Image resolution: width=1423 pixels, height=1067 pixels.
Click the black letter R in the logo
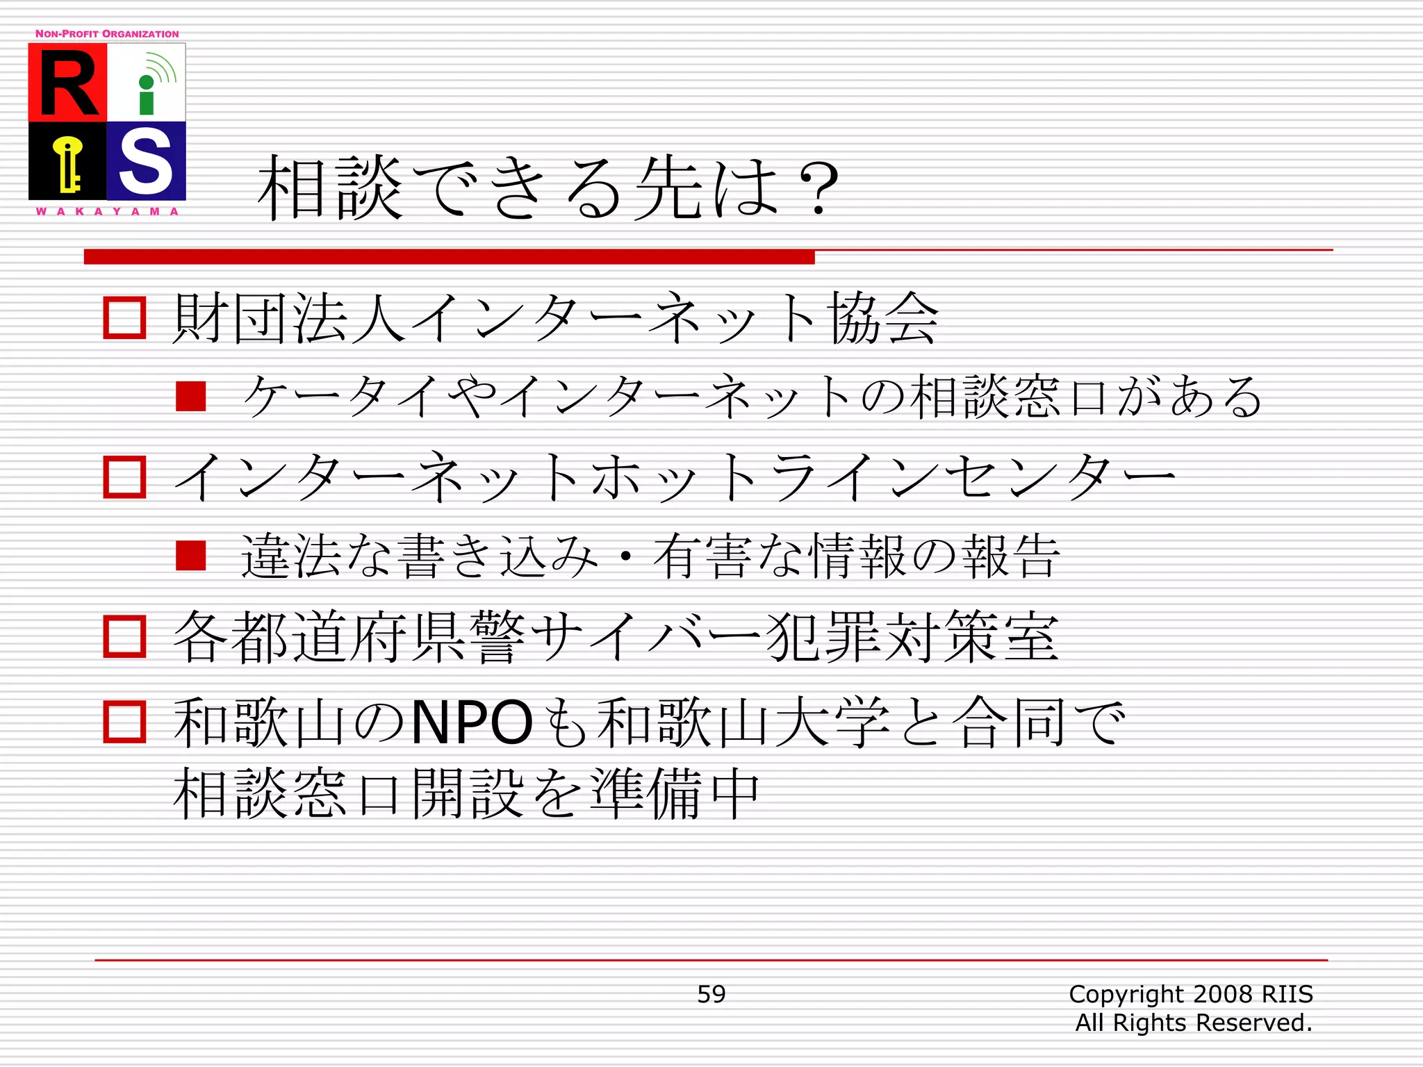click(68, 83)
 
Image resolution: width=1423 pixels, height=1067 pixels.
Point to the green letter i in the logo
click(147, 96)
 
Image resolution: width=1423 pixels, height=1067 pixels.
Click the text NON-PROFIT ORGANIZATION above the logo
click(107, 34)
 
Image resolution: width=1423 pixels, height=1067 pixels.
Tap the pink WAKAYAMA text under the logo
click(107, 211)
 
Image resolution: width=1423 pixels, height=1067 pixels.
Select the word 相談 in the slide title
click(330, 188)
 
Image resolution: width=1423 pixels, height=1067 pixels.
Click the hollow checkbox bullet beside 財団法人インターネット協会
click(124, 318)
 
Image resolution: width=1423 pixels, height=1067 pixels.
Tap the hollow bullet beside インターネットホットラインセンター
click(124, 477)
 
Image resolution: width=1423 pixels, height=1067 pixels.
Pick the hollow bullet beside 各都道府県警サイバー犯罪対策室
click(124, 636)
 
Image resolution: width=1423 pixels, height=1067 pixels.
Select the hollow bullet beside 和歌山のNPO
click(124, 722)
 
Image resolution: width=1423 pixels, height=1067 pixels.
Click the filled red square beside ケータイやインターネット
click(191, 397)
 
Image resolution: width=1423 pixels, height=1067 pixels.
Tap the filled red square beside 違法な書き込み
click(191, 556)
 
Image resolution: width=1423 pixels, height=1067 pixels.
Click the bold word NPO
click(472, 722)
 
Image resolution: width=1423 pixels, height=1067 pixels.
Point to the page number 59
click(711, 994)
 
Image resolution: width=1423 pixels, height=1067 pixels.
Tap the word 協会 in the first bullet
click(883, 318)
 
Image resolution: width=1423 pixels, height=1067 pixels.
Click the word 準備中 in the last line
click(674, 794)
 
